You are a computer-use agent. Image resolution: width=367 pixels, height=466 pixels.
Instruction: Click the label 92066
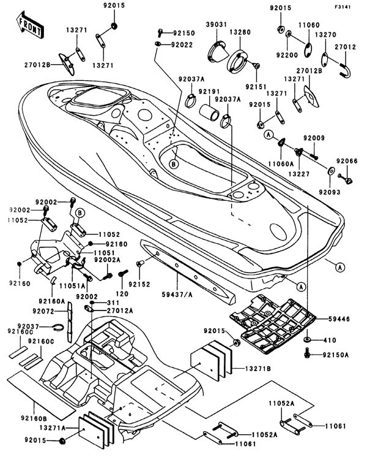click(347, 160)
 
